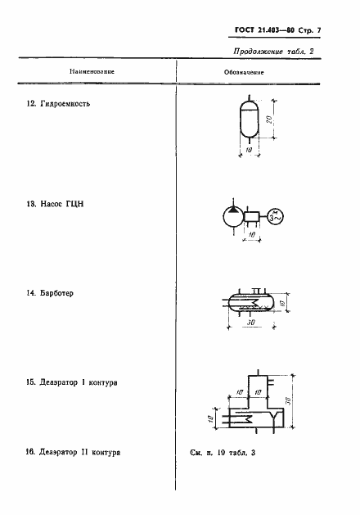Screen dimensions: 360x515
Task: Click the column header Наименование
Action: (92, 71)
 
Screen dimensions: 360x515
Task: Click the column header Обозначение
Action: (244, 72)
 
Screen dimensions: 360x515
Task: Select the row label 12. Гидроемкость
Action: (58, 104)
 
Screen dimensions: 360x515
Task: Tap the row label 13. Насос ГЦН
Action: (55, 204)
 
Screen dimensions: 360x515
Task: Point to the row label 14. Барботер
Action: (50, 293)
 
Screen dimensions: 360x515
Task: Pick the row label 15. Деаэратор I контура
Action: (72, 382)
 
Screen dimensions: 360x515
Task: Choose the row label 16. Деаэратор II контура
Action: (73, 452)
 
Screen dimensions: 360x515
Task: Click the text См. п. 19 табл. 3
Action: (223, 453)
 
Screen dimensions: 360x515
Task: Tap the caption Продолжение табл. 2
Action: (273, 52)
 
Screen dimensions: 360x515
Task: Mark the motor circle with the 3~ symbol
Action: (275, 217)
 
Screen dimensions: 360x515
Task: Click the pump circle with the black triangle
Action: (233, 217)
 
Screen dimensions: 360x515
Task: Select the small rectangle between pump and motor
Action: (252, 217)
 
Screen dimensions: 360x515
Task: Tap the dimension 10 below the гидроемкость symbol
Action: (249, 150)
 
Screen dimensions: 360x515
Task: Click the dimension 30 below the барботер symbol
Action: (250, 323)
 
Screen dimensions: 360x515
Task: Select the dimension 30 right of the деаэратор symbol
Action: (289, 401)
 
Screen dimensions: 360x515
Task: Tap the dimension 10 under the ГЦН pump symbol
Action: (252, 235)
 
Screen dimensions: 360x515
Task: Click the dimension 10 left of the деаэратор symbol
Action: (211, 419)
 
